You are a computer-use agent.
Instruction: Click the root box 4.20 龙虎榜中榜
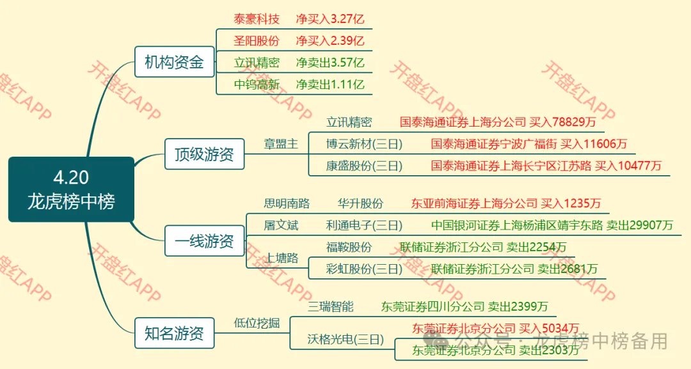point(71,189)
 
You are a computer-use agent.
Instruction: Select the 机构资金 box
point(174,62)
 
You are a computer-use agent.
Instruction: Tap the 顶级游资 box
point(204,154)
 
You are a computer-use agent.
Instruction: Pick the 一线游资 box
point(204,241)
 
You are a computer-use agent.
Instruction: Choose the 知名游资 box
point(174,333)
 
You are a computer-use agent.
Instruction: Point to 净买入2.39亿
point(330,41)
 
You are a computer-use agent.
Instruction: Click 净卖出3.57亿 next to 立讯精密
point(330,63)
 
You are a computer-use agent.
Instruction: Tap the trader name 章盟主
point(281,144)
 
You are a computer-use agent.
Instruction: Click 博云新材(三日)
point(364,144)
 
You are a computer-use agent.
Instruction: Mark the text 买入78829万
point(563,122)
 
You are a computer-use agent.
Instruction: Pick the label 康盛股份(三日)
point(364,166)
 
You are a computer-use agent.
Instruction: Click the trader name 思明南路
point(287,203)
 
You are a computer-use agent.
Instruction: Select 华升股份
point(360,203)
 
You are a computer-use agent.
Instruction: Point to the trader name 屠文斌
point(281,225)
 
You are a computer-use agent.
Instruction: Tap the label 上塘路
point(282,258)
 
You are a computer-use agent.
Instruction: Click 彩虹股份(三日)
point(364,269)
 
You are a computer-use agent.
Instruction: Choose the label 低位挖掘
point(257,324)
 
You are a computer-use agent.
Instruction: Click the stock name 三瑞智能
point(330,306)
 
